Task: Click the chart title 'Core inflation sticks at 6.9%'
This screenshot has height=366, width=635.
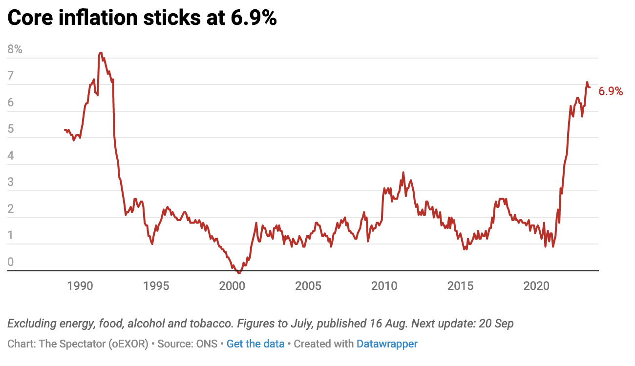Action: [x=142, y=18]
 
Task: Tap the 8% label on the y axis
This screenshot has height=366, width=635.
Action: [x=15, y=49]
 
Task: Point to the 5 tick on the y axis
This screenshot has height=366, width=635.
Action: [x=11, y=130]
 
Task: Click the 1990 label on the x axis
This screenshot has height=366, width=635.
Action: [x=80, y=285]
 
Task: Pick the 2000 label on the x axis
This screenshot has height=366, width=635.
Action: [x=232, y=285]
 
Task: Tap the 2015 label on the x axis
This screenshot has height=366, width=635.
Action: [x=461, y=285]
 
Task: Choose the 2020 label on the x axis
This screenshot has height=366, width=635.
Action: [x=537, y=285]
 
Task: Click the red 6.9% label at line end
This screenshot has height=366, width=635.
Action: [x=611, y=91]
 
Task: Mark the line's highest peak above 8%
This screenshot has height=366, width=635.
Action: [x=101, y=53]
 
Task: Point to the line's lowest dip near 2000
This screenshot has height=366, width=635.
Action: [x=239, y=273]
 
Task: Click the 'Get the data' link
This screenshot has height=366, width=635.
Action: [x=255, y=344]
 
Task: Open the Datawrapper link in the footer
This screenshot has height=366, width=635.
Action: [x=387, y=344]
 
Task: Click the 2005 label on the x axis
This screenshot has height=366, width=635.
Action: [x=308, y=285]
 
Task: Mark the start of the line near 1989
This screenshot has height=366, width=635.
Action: [x=64, y=129]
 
